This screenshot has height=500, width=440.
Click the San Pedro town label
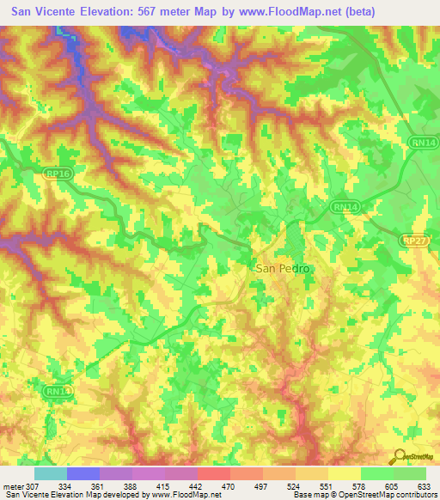pyautogui.click(x=282, y=268)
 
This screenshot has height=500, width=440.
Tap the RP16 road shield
pyautogui.click(x=55, y=173)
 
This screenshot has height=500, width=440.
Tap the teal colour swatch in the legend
pyautogui.click(x=51, y=473)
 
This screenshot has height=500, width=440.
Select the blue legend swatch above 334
pyautogui.click(x=83, y=473)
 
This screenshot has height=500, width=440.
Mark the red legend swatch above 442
pyautogui.click(x=214, y=473)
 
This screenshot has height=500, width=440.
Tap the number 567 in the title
pyautogui.click(x=155, y=13)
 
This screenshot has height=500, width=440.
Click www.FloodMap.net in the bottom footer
pyautogui.click(x=185, y=496)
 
